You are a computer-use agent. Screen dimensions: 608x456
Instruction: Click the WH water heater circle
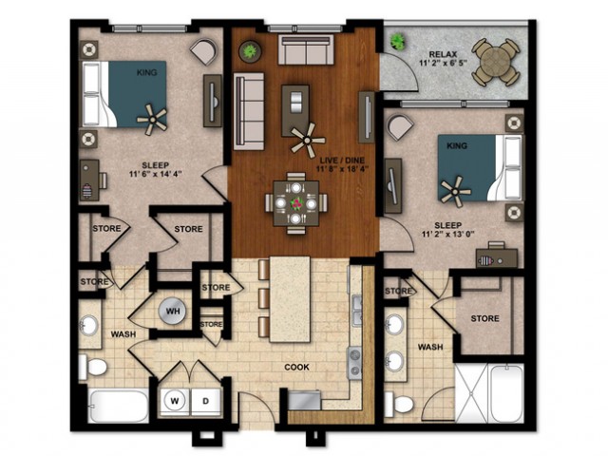[172, 312]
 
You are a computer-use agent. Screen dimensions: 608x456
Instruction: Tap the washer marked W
[175, 401]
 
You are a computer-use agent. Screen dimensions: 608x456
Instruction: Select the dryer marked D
[205, 401]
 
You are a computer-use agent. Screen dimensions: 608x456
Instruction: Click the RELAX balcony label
[444, 54]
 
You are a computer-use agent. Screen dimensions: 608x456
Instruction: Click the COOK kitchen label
[297, 367]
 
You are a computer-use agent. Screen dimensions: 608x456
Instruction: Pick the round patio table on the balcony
[495, 63]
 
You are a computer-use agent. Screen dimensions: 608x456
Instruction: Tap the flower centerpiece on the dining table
[296, 203]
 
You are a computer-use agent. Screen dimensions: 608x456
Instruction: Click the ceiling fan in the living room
[308, 140]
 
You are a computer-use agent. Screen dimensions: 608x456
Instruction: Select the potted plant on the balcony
[397, 41]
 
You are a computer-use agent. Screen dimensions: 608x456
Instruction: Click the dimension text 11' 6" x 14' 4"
[156, 174]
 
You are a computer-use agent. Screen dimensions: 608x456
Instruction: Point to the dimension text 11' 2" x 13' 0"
[448, 234]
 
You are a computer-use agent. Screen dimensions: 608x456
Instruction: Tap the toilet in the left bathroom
[93, 367]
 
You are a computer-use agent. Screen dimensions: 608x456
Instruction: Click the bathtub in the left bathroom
[118, 406]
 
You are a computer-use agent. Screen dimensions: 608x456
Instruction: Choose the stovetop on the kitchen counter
[354, 363]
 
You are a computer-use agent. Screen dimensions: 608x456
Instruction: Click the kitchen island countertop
[290, 299]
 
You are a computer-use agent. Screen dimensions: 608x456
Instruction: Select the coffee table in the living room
[295, 111]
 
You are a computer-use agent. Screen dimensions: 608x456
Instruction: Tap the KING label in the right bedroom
[457, 145]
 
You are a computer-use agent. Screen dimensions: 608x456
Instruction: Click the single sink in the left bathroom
[89, 325]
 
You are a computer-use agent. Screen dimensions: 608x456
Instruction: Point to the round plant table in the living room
[250, 51]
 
